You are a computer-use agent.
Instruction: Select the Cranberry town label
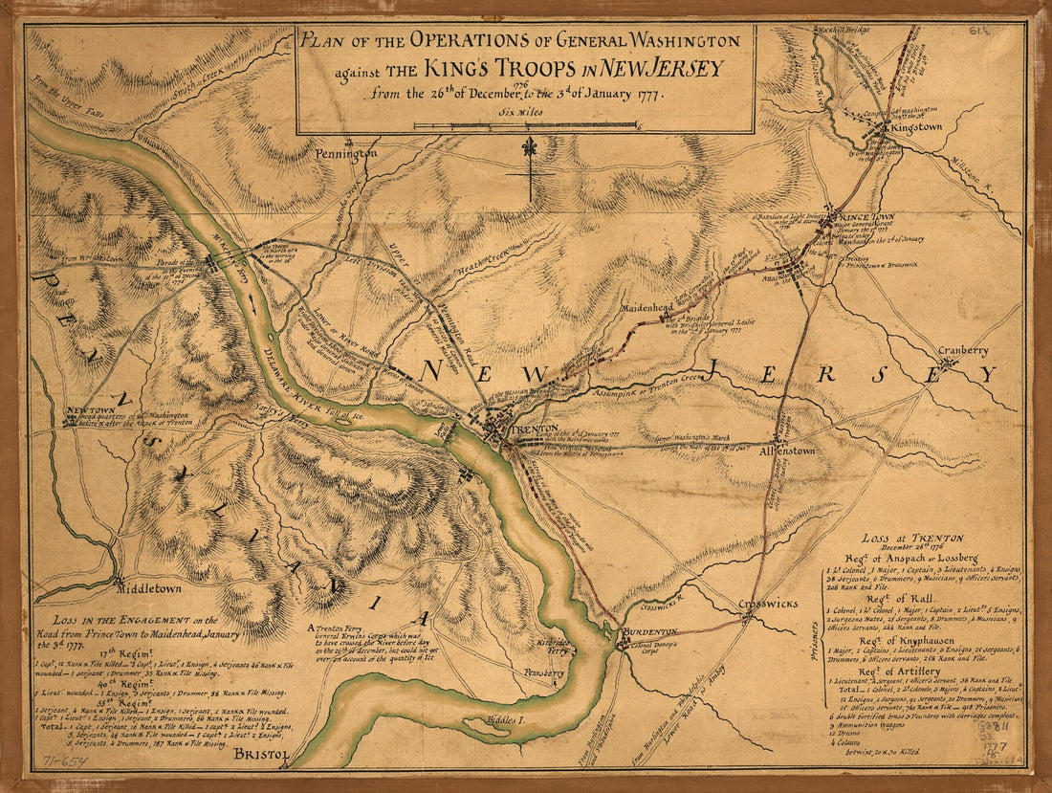(963, 351)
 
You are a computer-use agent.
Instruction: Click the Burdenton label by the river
(650, 633)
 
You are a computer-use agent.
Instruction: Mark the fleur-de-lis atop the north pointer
(528, 148)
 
